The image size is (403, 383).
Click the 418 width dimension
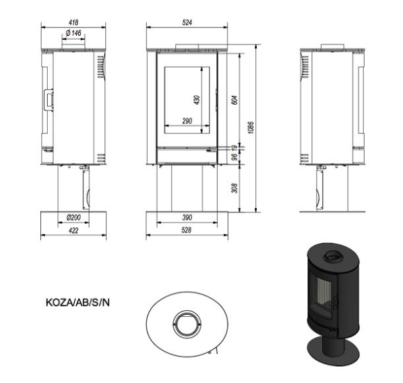pos(73,22)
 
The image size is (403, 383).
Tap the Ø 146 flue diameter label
pos(73,33)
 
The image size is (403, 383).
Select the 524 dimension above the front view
pos(187,22)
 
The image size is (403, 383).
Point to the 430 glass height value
pos(197,100)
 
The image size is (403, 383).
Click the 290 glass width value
pos(187,121)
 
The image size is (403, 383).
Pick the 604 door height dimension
pos(235,100)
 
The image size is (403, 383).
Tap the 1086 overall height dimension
pos(251,127)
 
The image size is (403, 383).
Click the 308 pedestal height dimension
pos(235,188)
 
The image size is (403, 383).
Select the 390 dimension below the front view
pos(187,217)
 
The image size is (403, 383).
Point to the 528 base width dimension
pos(187,230)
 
